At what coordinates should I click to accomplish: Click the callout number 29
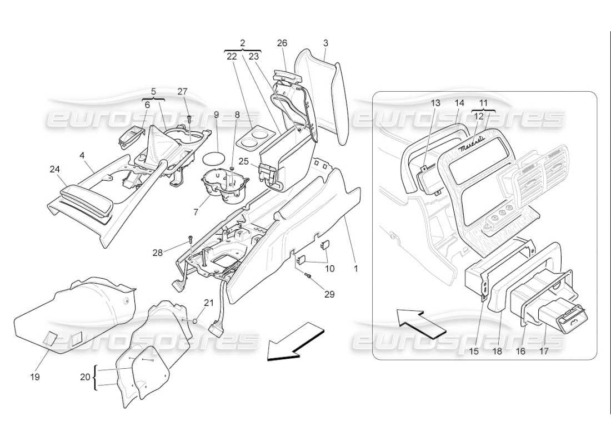click(x=329, y=294)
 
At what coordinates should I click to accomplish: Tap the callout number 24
click(x=55, y=169)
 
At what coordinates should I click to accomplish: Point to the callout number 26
click(x=282, y=43)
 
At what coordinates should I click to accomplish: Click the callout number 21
click(x=208, y=303)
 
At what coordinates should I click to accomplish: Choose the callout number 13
click(x=435, y=103)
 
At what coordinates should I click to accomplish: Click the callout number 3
click(x=325, y=43)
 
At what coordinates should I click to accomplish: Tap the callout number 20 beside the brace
click(x=84, y=377)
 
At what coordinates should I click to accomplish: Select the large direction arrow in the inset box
click(x=420, y=325)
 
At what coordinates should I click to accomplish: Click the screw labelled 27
click(x=189, y=118)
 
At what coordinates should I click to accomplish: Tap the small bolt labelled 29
click(x=308, y=276)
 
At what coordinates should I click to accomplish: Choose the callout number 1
click(x=356, y=268)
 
